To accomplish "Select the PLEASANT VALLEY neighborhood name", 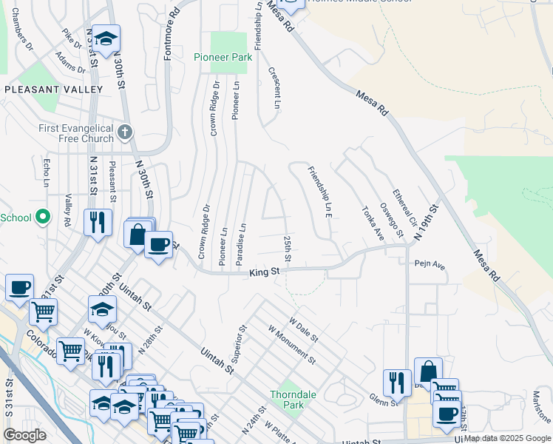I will click(53, 90).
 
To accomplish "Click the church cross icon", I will click(125, 132).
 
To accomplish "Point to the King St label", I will click(264, 272).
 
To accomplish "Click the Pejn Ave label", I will click(430, 263).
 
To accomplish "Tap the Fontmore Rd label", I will click(170, 26).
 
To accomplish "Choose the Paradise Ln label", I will click(240, 243).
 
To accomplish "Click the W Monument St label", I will click(292, 345).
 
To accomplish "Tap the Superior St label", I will click(241, 343).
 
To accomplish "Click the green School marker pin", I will click(42, 217).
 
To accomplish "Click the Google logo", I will click(24, 435).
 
